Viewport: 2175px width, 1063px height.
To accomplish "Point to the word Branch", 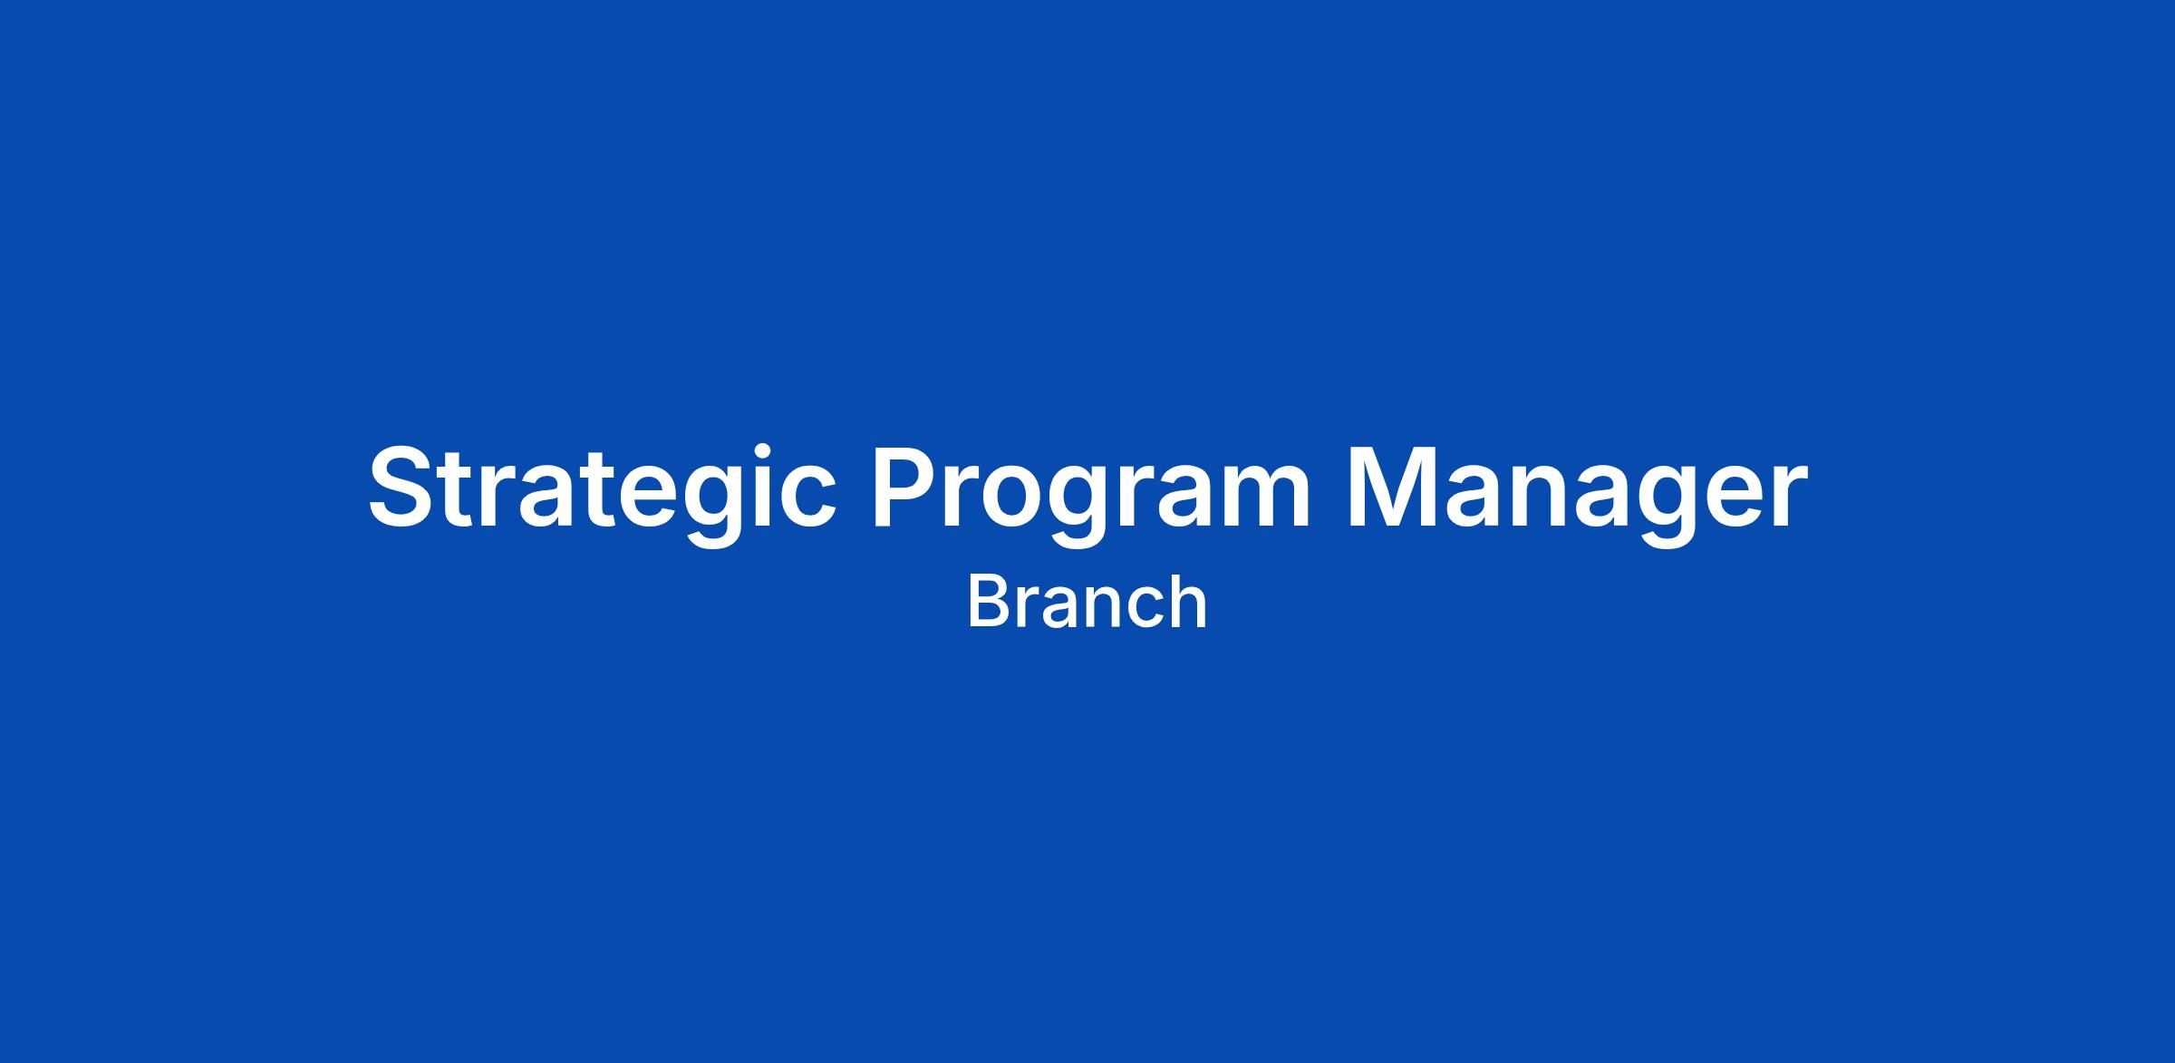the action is click(1087, 601).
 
